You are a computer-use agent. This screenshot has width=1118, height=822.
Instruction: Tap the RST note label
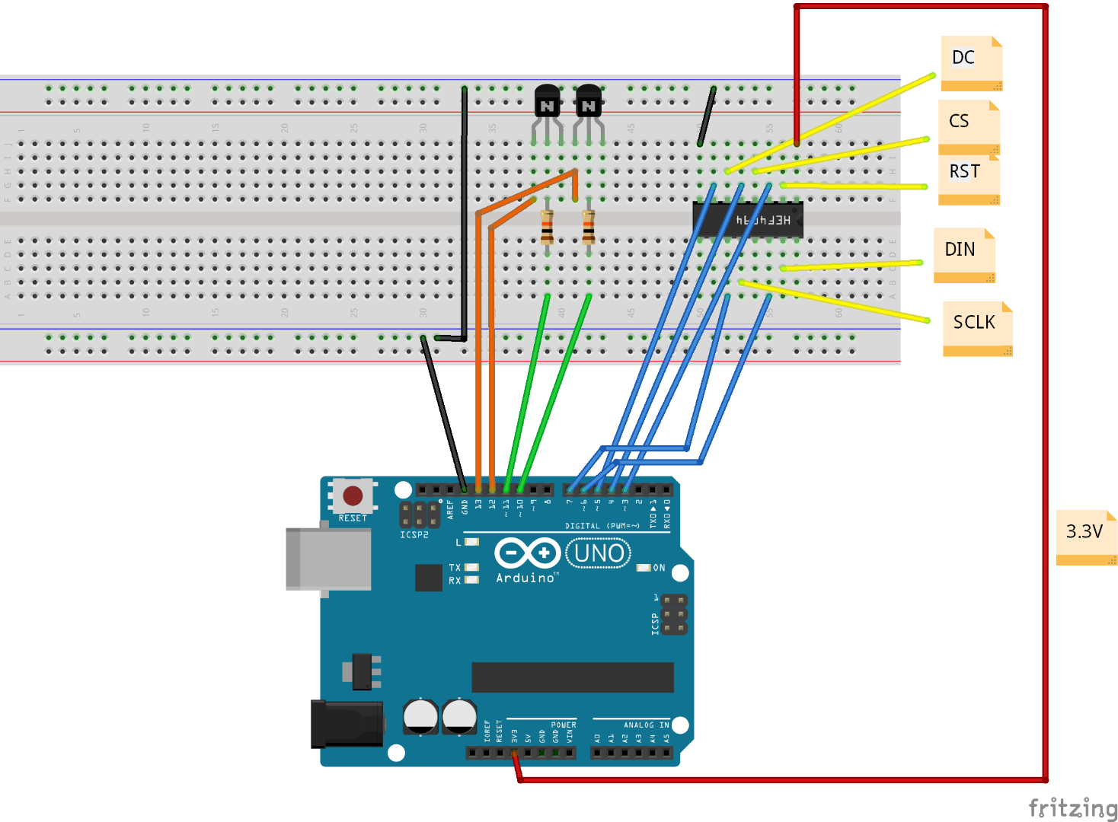pos(968,176)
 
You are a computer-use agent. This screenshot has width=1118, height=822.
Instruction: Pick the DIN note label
pos(964,253)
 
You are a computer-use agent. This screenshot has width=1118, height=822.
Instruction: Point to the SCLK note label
pos(977,327)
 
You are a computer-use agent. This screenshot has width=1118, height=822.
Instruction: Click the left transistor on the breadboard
pos(547,103)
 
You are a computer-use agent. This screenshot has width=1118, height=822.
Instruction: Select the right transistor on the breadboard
pos(588,103)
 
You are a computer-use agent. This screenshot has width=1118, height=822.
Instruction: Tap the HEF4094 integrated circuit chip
pos(748,220)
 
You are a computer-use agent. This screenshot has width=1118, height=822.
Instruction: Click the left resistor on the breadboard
pos(547,227)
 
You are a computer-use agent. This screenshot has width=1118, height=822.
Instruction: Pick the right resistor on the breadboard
pos(588,227)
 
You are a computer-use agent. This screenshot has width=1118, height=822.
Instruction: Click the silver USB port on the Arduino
pos(328,559)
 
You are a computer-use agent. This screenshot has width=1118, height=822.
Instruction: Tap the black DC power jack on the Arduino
pos(347,725)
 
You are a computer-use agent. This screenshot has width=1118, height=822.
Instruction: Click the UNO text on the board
pos(599,553)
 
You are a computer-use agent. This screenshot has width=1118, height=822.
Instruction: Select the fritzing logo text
pos(1072,808)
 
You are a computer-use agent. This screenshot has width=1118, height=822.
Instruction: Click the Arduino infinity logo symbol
pos(527,553)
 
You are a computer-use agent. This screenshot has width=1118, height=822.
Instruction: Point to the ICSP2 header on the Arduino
pos(420,515)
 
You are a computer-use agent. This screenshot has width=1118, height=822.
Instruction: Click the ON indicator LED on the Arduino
pos(644,568)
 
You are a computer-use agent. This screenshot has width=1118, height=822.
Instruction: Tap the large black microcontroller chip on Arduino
pos(573,677)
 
